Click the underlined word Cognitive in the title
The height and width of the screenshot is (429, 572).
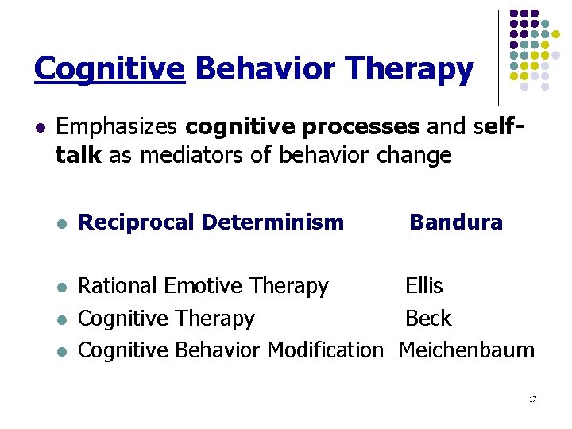[109, 69]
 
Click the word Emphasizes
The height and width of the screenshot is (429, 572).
[118, 126]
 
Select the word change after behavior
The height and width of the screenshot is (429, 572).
[415, 155]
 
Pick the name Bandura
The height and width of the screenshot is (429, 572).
[456, 222]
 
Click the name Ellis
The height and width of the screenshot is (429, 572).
[424, 286]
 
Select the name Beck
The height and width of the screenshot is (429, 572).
[428, 319]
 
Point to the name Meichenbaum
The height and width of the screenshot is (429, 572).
[466, 350]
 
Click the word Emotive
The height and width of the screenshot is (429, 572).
[202, 286]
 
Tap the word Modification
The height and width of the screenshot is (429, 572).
[325, 350]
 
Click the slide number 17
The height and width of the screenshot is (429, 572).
[532, 399]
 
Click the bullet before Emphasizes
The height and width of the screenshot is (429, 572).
[39, 127]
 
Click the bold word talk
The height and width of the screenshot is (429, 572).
[78, 155]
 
